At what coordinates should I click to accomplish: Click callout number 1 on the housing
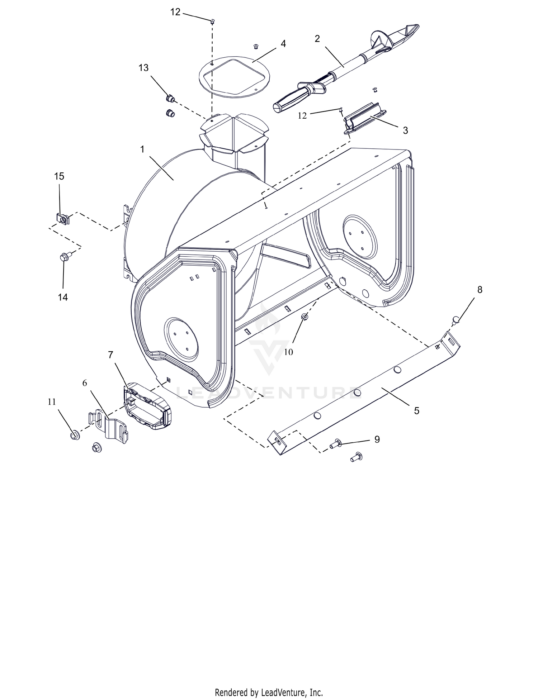(142, 149)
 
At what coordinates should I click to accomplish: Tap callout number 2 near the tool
(317, 39)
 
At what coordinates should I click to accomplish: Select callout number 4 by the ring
(283, 44)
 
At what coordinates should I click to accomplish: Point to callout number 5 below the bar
(416, 411)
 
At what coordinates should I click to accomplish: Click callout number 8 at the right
(480, 290)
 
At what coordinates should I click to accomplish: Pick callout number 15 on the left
(59, 176)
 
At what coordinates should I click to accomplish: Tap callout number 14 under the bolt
(63, 297)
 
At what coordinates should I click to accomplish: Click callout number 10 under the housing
(288, 352)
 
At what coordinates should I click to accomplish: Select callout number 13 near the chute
(143, 68)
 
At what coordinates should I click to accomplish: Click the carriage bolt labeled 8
(456, 319)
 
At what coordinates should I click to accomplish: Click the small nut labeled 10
(305, 316)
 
